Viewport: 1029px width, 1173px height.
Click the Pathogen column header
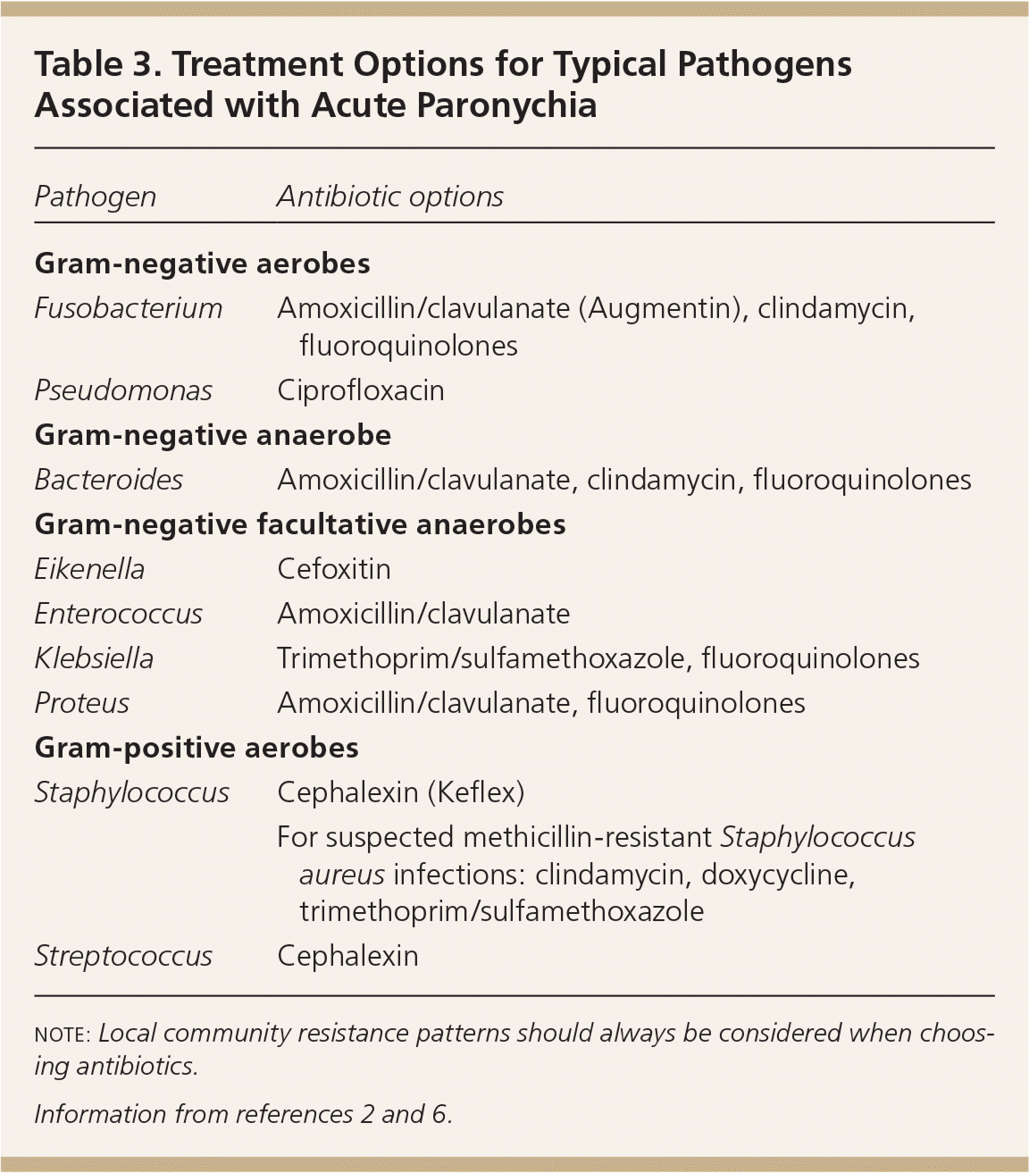coord(95,197)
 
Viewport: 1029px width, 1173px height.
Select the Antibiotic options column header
coord(389,197)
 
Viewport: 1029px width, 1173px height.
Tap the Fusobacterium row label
coord(128,308)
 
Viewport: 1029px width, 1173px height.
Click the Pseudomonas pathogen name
coord(123,390)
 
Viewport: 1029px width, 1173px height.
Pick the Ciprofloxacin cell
coord(360,390)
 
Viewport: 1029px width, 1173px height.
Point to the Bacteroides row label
coord(108,480)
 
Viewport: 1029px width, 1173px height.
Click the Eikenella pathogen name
coord(89,569)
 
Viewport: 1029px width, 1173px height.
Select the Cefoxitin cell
coord(333,569)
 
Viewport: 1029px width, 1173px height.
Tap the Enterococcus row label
coord(118,614)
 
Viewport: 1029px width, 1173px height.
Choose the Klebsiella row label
coord(94,658)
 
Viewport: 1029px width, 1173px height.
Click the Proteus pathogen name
coord(81,703)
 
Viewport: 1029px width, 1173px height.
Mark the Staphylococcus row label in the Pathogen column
coord(131,792)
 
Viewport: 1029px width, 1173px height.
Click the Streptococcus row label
coord(123,956)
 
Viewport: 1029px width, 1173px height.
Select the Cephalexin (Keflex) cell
coord(400,792)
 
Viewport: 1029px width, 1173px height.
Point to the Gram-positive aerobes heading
coord(197,748)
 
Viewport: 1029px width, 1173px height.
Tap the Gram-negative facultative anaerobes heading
coord(300,524)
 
